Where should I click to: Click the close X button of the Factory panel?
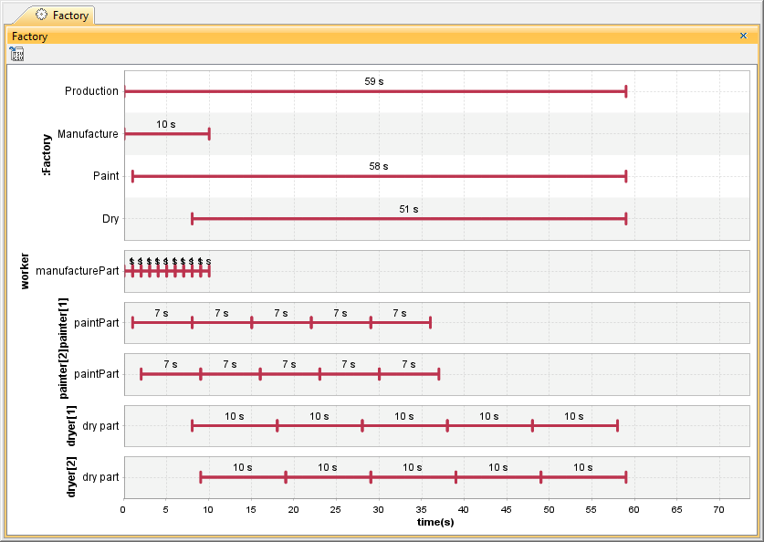click(743, 36)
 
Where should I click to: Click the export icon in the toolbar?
click(17, 54)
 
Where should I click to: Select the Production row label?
click(91, 91)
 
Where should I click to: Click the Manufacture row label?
click(88, 134)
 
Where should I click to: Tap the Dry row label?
click(110, 219)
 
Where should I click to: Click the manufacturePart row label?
click(78, 271)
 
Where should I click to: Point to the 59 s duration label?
click(374, 81)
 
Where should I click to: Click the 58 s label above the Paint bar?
click(379, 166)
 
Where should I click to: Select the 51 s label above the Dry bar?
click(409, 209)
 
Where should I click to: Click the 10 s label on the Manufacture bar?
click(166, 124)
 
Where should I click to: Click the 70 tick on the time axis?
click(718, 510)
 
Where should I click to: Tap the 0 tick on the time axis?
click(123, 510)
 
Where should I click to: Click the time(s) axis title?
click(435, 522)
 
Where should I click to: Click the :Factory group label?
click(47, 155)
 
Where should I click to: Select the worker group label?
click(26, 271)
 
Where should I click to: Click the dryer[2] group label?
click(72, 477)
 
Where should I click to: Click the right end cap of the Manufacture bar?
click(209, 134)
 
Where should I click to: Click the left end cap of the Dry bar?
click(192, 219)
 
